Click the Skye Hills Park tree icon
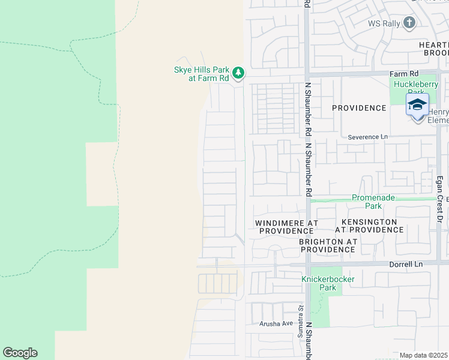tap(239, 73)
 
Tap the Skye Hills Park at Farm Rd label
tap(202, 74)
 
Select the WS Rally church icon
tap(409, 23)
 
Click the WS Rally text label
tap(382, 23)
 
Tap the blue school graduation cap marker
tap(417, 105)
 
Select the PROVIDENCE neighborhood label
tap(359, 108)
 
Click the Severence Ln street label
tap(368, 137)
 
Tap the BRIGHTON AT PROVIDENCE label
tap(327, 245)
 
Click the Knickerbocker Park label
tap(328, 283)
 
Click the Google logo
tap(20, 353)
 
